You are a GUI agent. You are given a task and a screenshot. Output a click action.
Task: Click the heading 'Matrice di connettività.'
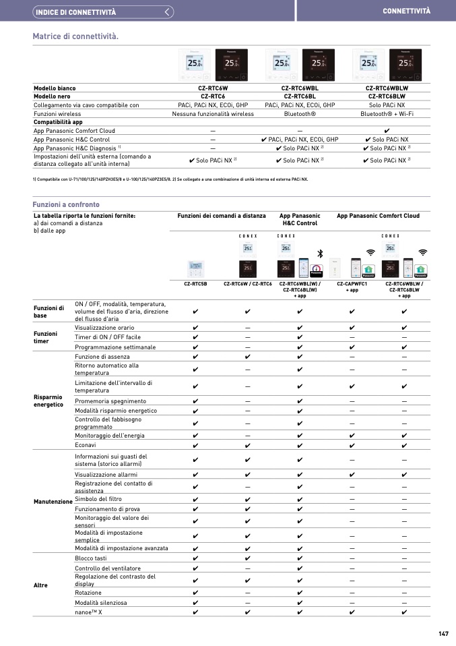point(75,36)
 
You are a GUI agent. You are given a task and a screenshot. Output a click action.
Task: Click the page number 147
point(443,633)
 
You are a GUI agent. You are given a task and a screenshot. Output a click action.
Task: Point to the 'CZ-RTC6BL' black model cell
point(297,96)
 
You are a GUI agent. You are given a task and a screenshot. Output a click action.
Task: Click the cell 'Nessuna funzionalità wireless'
point(213,114)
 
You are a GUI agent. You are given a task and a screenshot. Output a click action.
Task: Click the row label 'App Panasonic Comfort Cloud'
point(74,131)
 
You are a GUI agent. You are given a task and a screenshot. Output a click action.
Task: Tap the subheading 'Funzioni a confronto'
point(66,204)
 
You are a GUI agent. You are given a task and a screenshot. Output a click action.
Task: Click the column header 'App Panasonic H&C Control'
point(298,220)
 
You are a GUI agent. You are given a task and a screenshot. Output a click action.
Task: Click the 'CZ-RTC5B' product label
point(195,284)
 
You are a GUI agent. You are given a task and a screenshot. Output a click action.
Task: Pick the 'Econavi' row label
point(86,445)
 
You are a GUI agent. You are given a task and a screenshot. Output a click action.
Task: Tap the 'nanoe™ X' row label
point(88,612)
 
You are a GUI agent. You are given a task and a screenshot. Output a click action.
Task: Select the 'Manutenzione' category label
point(53,502)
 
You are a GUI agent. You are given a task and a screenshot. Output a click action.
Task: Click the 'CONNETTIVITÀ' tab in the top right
point(406,11)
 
